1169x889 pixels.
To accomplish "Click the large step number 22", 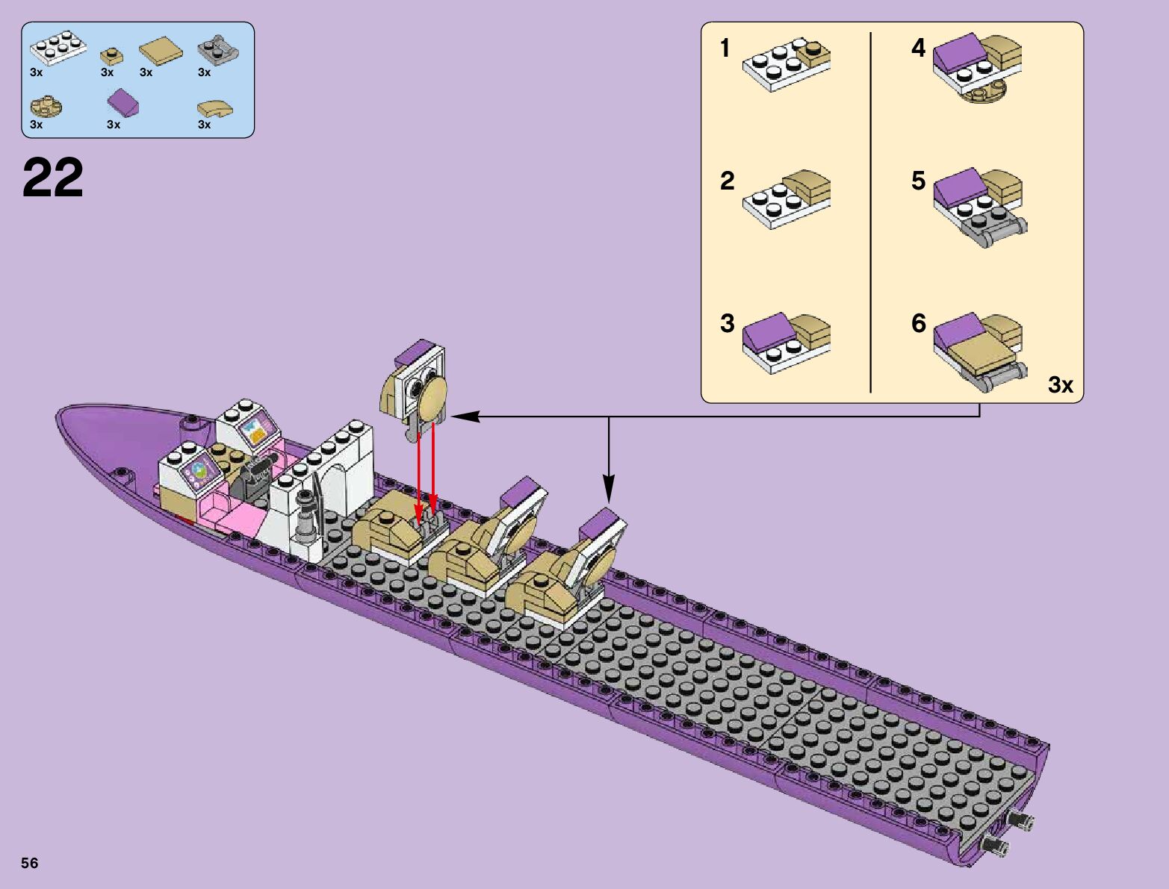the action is tap(53, 177).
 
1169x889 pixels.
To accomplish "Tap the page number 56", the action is tap(30, 863).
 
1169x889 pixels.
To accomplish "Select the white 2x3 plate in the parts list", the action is tap(58, 47).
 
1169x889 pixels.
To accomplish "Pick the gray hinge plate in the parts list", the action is tap(218, 50).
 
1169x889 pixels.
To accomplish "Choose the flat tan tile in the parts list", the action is tap(161, 52).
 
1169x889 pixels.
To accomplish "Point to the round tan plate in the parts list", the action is tap(46, 107).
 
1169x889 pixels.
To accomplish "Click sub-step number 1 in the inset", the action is tap(725, 48).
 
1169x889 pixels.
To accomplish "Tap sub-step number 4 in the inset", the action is tap(918, 48).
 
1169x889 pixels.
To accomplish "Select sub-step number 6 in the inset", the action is tap(919, 323).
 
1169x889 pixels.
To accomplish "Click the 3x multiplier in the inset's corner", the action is tap(1061, 384).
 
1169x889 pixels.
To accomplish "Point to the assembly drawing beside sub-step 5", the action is tap(980, 208).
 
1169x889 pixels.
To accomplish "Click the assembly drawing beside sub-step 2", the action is tap(787, 199).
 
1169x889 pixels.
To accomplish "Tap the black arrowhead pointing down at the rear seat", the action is tap(609, 489).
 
